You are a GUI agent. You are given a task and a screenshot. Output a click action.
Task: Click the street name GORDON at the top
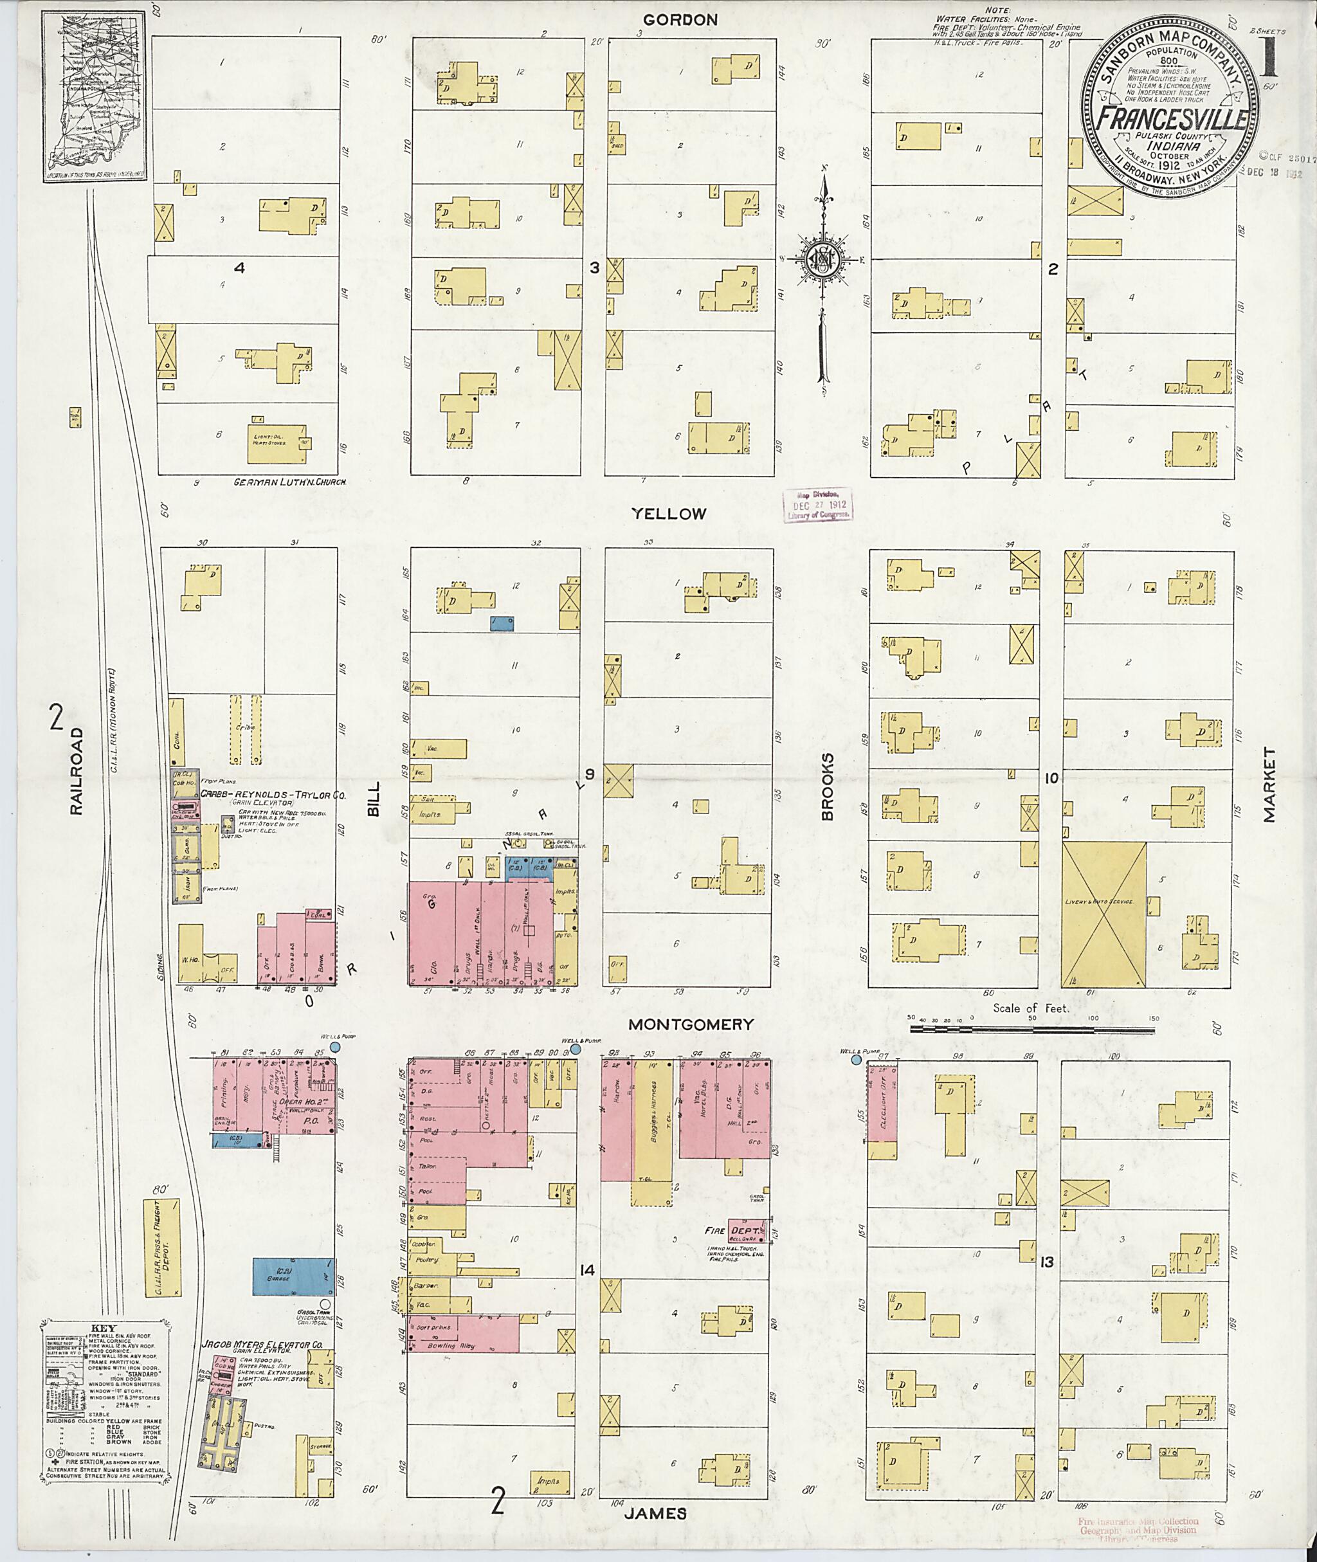pos(680,20)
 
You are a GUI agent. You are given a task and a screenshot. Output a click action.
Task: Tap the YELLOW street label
pos(668,514)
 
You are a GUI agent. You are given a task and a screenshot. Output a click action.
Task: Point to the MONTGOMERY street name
pos(690,1024)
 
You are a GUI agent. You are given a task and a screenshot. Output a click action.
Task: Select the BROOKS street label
pos(826,787)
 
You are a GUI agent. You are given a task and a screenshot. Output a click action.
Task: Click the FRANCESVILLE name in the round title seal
pos(1172,120)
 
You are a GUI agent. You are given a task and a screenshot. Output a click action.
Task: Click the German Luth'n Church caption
pos(291,482)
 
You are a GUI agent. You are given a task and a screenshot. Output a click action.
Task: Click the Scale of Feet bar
pos(1031,1030)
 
